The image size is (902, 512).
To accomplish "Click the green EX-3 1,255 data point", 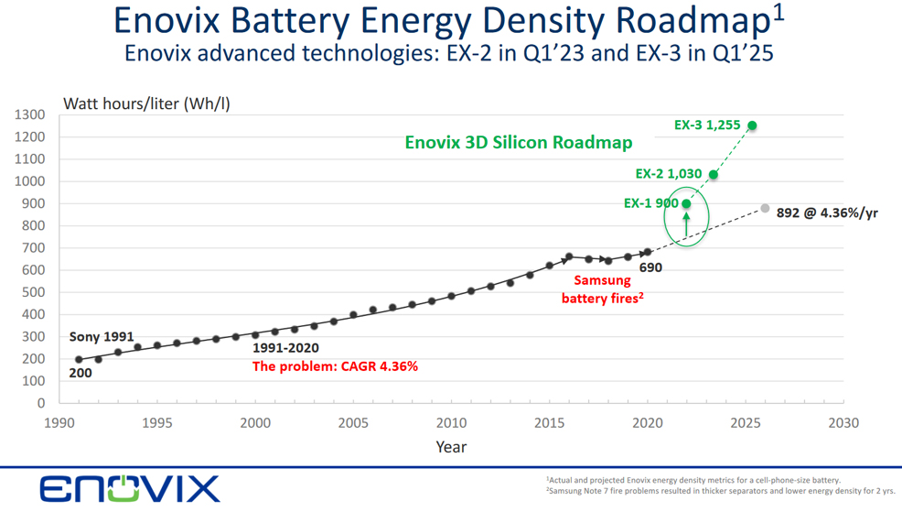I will [x=752, y=125].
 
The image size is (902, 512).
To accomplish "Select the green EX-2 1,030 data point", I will [x=714, y=175].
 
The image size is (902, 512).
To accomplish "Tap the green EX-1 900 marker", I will [x=686, y=204].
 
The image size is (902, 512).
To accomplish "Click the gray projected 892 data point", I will [x=765, y=209].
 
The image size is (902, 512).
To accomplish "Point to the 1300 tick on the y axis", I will [x=29, y=115].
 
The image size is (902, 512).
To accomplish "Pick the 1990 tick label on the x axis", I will [x=59, y=423].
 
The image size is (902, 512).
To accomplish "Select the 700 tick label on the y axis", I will [x=34, y=248].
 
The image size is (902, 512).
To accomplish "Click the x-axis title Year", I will [x=450, y=447].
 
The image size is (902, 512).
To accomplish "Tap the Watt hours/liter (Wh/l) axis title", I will [x=146, y=103].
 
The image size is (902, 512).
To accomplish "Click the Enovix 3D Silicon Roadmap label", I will [x=519, y=143].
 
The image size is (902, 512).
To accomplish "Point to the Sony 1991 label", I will [x=102, y=337].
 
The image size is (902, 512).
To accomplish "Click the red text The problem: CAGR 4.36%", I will [x=335, y=366].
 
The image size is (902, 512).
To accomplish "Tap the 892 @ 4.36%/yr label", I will [x=827, y=213].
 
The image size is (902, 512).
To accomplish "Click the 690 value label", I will [x=650, y=267].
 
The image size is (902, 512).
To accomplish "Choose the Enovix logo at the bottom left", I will [x=129, y=488].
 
